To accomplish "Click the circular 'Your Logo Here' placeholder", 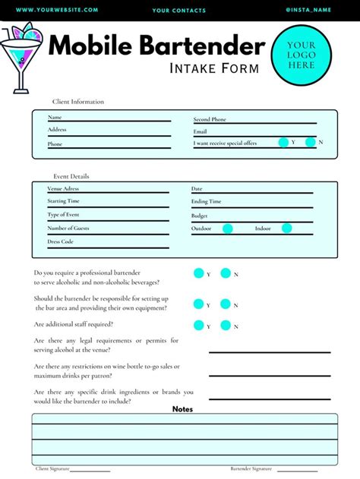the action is (x=301, y=55).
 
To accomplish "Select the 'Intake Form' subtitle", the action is (x=213, y=68).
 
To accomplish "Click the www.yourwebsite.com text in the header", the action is (x=57, y=10).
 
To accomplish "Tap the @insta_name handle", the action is (x=308, y=10).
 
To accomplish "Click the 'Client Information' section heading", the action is (x=78, y=102).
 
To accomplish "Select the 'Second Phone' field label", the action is (x=210, y=119).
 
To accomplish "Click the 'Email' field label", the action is (x=201, y=131).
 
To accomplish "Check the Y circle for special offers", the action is (x=283, y=142).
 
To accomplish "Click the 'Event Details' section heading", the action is (x=71, y=176).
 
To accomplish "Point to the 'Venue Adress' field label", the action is (x=63, y=188).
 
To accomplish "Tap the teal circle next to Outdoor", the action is (x=227, y=228).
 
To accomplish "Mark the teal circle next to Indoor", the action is (x=286, y=228).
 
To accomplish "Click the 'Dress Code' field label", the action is (x=60, y=241).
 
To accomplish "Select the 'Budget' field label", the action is (x=200, y=216).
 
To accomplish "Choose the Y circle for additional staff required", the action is (x=199, y=326).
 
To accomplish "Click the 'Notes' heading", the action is (x=182, y=409).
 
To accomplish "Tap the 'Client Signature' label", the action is (x=53, y=468).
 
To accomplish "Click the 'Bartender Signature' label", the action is (x=251, y=468).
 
